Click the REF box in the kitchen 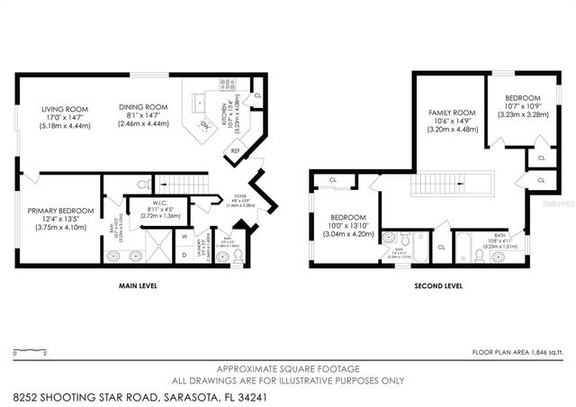[236, 151]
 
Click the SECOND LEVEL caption [436, 285]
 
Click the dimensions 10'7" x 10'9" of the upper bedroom [522, 107]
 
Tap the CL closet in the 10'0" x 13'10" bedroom [332, 179]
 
